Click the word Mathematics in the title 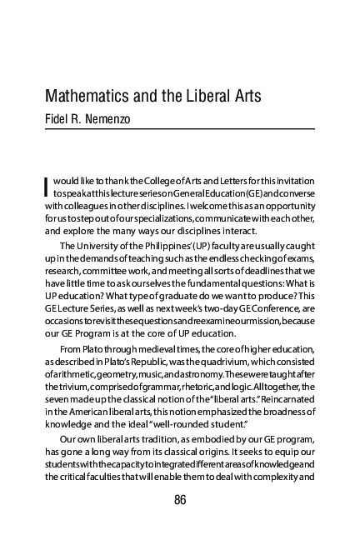coord(87,95)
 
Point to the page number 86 coord(179,499)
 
